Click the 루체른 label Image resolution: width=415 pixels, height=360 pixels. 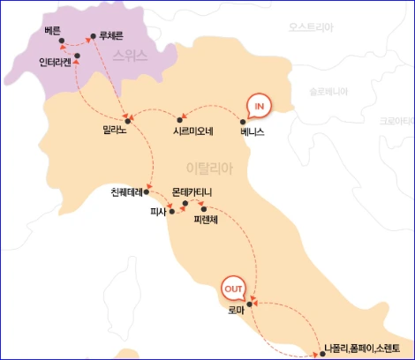click(x=103, y=38)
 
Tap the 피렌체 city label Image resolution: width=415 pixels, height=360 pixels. click(x=208, y=222)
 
